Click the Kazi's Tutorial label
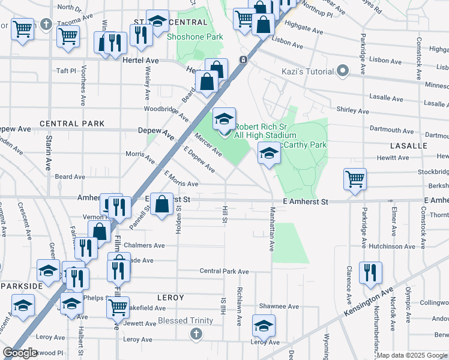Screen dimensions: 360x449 tap(308, 72)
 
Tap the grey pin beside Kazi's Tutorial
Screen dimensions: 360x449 tap(343, 71)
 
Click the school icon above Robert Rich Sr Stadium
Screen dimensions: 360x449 tap(224, 119)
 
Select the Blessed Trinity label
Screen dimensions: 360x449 tap(185, 320)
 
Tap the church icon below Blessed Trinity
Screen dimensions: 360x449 tap(195, 333)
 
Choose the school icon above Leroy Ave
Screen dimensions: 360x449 tap(264, 326)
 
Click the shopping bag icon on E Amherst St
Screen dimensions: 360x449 tap(161, 205)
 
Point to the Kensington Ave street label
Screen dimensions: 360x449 tap(369, 304)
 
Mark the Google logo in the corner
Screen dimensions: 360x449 tap(20, 353)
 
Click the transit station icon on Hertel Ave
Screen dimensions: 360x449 tap(243, 60)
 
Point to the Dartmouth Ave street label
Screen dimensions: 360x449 tap(389, 129)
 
